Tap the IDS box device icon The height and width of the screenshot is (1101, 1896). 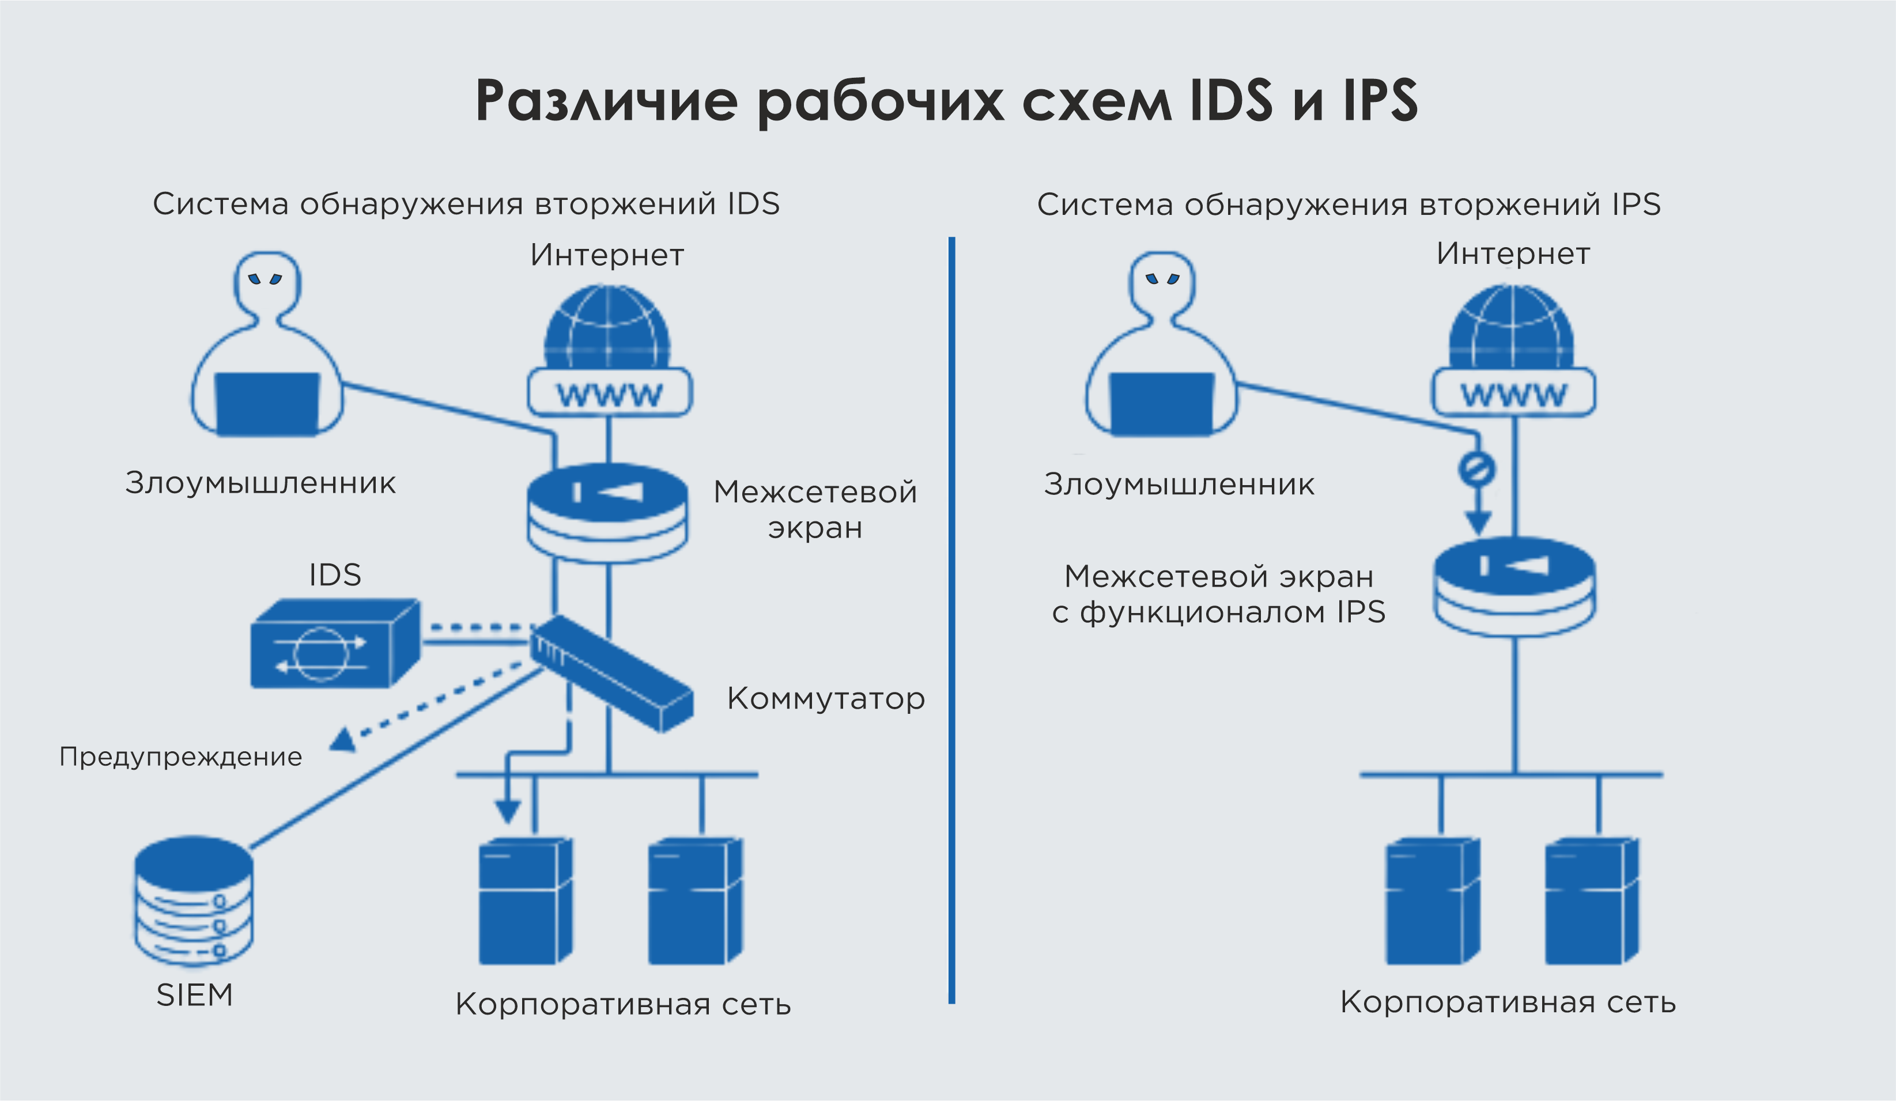click(x=334, y=643)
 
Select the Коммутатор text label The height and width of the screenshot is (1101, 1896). click(x=825, y=699)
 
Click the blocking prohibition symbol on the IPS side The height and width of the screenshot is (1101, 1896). click(x=1476, y=468)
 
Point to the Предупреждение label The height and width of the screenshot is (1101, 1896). click(x=180, y=756)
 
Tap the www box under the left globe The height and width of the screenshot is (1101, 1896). click(x=610, y=392)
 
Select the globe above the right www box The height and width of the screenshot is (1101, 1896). click(x=1512, y=327)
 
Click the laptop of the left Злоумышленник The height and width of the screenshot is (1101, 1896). click(x=266, y=404)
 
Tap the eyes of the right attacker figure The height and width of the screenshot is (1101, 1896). click(x=1162, y=278)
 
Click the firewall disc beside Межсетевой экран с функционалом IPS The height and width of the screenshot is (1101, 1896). click(x=1514, y=586)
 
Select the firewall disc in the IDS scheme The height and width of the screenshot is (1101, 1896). click(x=607, y=512)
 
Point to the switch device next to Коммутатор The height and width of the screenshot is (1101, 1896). click(x=611, y=672)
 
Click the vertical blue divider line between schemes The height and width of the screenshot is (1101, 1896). click(x=952, y=621)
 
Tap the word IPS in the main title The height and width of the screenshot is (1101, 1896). click(x=1380, y=100)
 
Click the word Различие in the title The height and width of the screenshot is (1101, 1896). click(x=606, y=100)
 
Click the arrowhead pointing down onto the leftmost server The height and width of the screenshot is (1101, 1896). click(x=508, y=811)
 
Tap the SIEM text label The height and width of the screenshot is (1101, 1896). click(x=194, y=995)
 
